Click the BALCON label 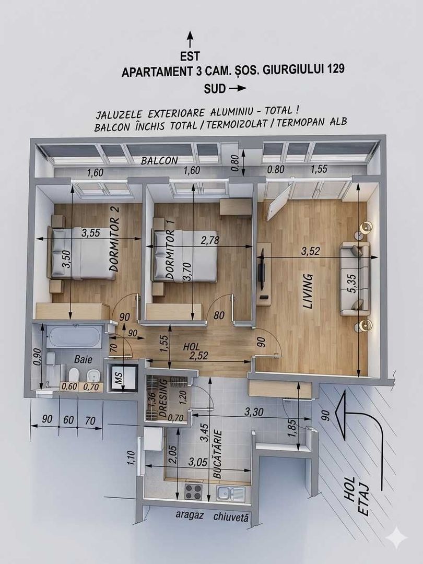[159, 160]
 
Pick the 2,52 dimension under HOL [196, 356]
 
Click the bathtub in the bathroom [74, 336]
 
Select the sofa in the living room [355, 279]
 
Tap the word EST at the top [190, 55]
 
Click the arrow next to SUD [237, 89]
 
